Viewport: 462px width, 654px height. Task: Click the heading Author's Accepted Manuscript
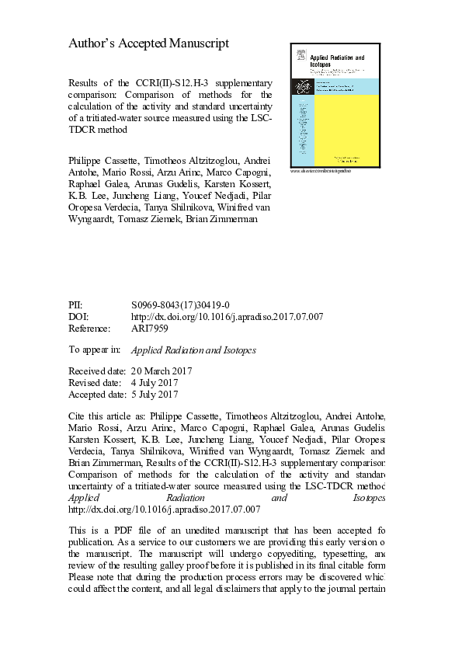tap(149, 44)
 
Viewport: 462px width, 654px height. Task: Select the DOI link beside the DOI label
tap(228, 317)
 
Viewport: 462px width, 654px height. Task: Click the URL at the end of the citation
tap(164, 509)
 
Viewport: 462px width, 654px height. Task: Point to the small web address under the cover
tap(320, 170)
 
